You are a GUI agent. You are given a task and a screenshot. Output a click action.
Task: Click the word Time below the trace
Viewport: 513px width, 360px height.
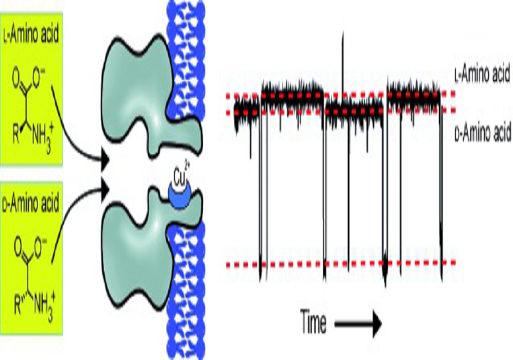coord(313,322)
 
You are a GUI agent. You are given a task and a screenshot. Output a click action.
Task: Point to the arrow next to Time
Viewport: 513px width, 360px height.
coord(358,324)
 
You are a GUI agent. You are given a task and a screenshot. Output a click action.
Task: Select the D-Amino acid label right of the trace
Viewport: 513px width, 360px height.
coord(483,133)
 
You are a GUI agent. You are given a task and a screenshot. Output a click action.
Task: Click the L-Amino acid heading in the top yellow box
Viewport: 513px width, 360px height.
coord(31,34)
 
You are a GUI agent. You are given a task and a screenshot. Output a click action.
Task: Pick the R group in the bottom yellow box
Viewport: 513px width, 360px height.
coord(19,304)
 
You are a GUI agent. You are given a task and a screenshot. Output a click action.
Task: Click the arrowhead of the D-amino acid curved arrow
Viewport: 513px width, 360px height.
coord(105,189)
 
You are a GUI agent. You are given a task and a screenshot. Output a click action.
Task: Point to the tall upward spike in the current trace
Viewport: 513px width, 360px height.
coord(343,62)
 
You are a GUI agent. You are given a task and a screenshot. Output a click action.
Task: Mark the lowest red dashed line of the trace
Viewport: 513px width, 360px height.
coord(341,263)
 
